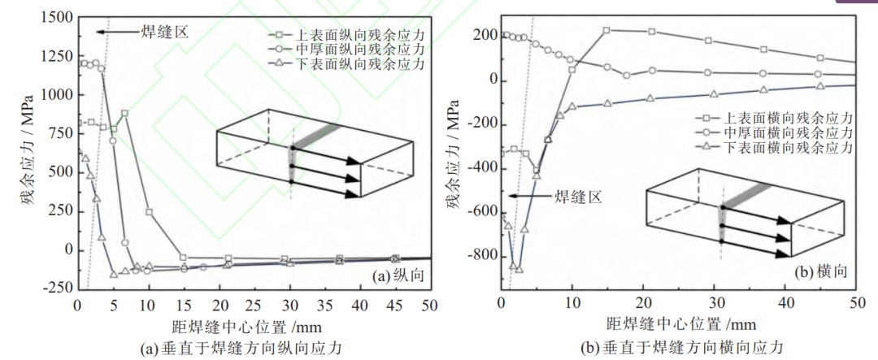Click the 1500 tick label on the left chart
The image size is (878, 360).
point(56,18)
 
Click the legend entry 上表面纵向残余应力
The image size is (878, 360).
point(347,35)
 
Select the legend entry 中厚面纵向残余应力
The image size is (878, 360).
point(347,50)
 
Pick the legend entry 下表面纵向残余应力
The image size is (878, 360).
point(347,64)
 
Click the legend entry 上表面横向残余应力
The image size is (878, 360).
point(775,119)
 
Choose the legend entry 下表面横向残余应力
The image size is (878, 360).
point(775,147)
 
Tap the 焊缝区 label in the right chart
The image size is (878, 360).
point(579,197)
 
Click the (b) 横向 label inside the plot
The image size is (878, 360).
point(820,272)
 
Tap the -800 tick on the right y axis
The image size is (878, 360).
point(481,255)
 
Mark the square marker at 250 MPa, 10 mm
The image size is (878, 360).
point(149,212)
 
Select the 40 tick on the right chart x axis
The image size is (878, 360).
point(785,303)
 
